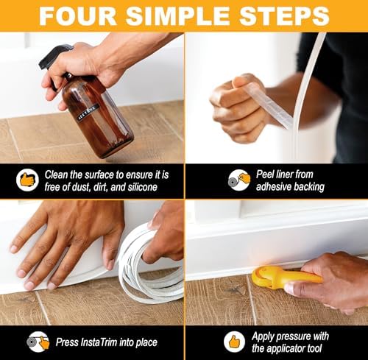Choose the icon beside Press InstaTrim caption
click(x=38, y=341)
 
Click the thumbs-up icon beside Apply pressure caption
click(x=235, y=341)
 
